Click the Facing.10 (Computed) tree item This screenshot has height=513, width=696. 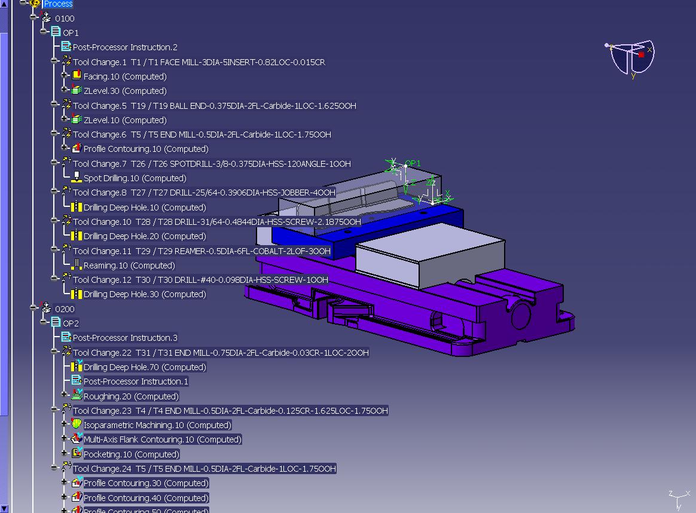pyautogui.click(x=125, y=77)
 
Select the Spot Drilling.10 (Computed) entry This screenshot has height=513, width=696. pyautogui.click(x=135, y=178)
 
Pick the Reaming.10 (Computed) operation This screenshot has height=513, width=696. pyautogui.click(x=129, y=265)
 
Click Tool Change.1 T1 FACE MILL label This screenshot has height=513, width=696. pyautogui.click(x=199, y=62)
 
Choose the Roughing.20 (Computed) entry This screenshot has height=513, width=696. pyautogui.click(x=131, y=396)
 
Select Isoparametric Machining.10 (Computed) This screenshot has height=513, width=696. pyautogui.click(x=158, y=425)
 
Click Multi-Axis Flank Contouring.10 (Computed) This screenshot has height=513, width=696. pyautogui.click(x=163, y=439)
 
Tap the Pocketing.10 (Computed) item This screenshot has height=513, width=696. pyautogui.click(x=132, y=454)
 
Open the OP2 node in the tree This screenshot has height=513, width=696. pyautogui.click(x=71, y=323)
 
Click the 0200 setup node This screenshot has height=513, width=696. pyautogui.click(x=65, y=309)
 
